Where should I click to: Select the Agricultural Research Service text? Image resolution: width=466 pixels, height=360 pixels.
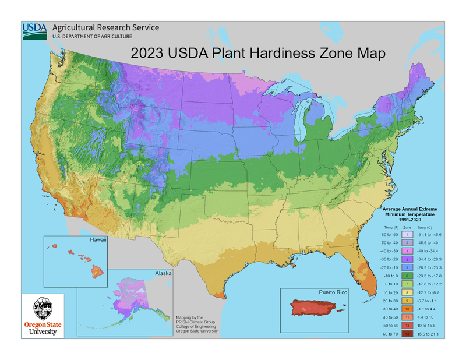(105, 27)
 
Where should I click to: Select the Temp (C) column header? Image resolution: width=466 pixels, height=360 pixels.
(426, 225)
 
